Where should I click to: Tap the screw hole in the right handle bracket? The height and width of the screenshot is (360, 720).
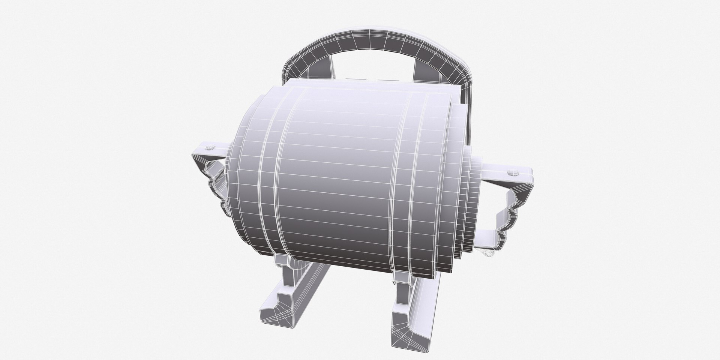click(x=512, y=173)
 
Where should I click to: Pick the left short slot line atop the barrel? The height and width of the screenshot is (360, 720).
click(x=353, y=79)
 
